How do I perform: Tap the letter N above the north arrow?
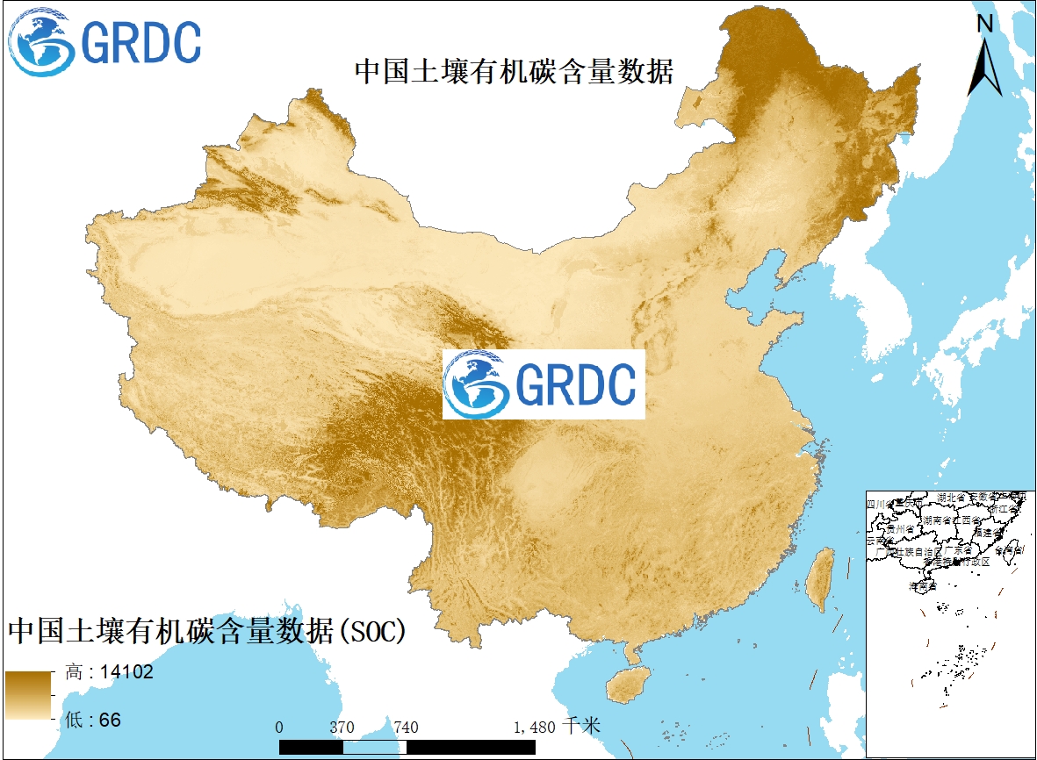985,24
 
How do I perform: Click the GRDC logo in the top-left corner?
104,41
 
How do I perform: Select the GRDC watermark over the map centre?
544,384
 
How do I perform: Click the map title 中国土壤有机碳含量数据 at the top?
514,71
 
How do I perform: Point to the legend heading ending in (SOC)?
209,630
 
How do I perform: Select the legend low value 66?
110,721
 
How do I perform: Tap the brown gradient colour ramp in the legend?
29,696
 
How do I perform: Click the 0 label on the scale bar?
279,727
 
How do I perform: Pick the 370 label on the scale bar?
342,727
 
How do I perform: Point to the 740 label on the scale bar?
406,727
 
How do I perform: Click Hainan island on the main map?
624,683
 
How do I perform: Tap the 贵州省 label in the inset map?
900,530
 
